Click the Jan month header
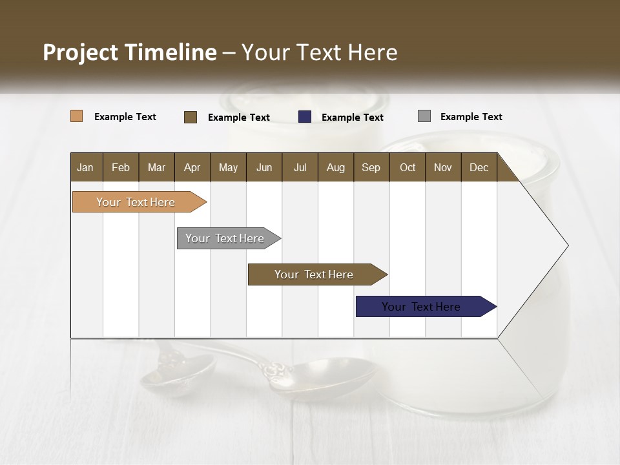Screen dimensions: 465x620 pos(85,167)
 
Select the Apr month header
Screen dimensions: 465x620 pos(192,167)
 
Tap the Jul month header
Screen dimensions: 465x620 pos(300,167)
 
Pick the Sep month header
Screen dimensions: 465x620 pos(371,167)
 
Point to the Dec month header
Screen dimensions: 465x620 pos(479,167)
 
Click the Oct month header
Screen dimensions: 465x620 pos(407,167)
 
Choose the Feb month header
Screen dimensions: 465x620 pos(121,167)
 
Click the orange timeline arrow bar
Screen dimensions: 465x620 pos(136,202)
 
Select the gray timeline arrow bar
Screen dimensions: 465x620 pos(225,238)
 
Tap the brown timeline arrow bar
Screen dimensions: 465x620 pos(314,274)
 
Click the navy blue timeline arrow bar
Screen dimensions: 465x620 pos(422,307)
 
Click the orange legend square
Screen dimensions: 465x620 pos(77,116)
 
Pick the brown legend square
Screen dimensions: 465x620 pos(190,117)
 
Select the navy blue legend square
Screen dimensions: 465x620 pos(305,117)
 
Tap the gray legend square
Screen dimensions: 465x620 pos(424,116)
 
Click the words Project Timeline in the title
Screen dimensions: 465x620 pos(130,52)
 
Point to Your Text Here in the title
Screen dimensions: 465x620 pos(319,52)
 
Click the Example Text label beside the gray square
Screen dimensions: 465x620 pos(471,117)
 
